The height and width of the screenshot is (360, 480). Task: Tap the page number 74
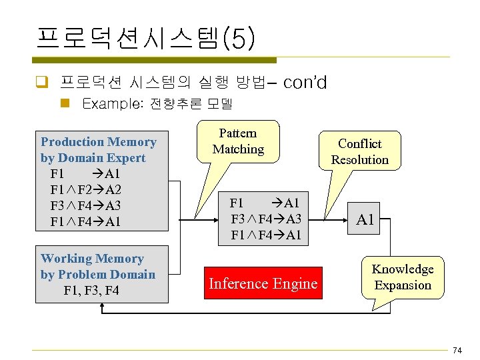[457, 351]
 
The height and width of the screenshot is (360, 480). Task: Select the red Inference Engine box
[263, 283]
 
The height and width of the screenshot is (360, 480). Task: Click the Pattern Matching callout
[238, 141]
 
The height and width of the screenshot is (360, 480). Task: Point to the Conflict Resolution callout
[359, 151]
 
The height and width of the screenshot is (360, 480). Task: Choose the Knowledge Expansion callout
[402, 277]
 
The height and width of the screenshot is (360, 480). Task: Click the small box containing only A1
[365, 219]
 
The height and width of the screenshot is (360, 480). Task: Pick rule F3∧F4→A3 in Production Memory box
[85, 205]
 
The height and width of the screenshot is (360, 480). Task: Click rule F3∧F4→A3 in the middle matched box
[266, 219]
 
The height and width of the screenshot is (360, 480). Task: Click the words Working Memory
[92, 259]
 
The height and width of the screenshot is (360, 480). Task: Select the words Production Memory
[98, 142]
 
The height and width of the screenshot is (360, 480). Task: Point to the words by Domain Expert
[93, 158]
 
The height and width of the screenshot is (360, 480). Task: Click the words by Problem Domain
[97, 275]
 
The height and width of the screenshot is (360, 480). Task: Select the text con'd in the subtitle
[305, 83]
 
